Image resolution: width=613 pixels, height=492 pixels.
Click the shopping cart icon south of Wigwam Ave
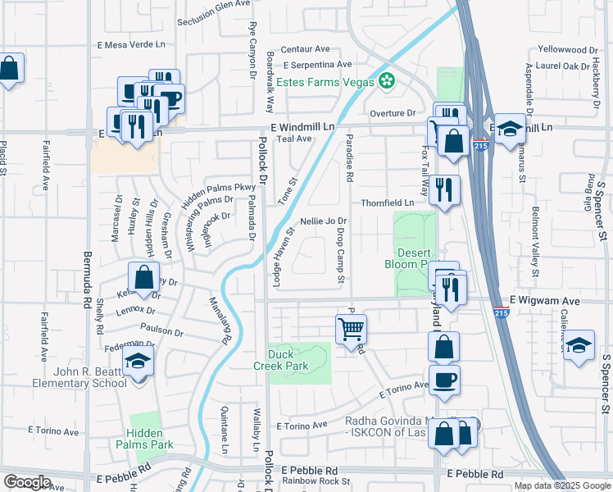pyautogui.click(x=351, y=329)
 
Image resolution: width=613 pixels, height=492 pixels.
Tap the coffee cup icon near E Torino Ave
pyautogui.click(x=443, y=380)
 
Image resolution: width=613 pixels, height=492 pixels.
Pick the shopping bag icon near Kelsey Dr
pyautogui.click(x=143, y=276)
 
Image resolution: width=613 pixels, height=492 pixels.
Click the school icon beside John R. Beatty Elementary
pyautogui.click(x=138, y=362)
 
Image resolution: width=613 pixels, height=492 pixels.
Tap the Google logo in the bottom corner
pyautogui.click(x=27, y=481)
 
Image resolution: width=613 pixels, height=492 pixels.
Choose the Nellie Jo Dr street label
pyautogui.click(x=324, y=221)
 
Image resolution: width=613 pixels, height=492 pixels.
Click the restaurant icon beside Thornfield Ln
pyautogui.click(x=443, y=189)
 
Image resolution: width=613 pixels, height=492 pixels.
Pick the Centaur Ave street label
pyautogui.click(x=305, y=49)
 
